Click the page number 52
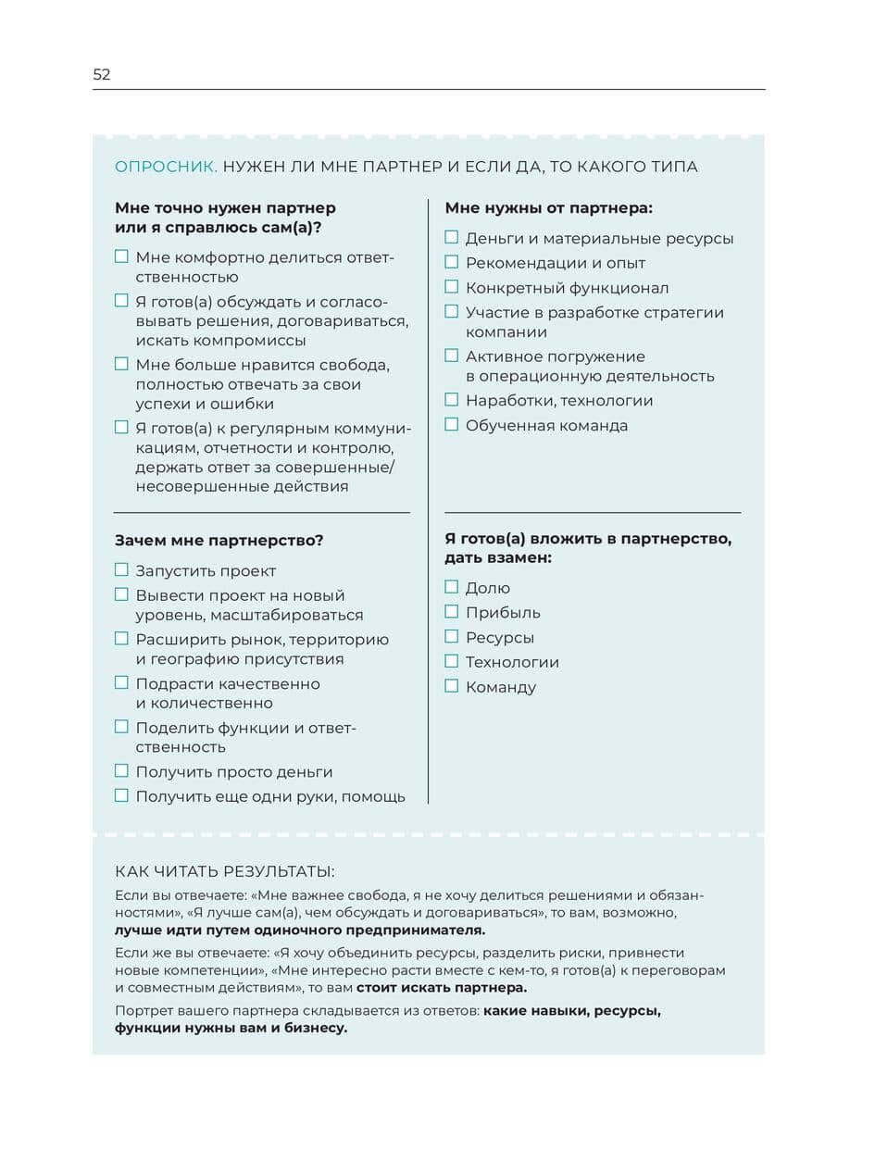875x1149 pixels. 102,75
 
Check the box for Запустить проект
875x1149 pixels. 121,570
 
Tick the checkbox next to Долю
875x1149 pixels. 452,587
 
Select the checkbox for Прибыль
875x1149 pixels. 452,612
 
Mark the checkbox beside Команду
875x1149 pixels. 452,686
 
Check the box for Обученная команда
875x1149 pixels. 452,425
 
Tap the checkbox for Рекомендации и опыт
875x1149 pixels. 452,262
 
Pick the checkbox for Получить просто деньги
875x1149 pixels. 121,770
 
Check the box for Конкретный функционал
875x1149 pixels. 452,287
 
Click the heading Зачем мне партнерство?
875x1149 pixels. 219,540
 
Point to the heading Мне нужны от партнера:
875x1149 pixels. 549,208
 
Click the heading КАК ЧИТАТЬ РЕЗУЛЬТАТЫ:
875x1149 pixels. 225,871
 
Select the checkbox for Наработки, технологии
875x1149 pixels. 452,400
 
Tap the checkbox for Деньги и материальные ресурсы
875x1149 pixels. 452,238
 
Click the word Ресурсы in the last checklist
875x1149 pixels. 500,637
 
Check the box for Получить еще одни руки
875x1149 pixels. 121,795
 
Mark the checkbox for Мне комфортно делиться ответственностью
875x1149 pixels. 121,256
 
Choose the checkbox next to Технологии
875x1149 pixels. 452,661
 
